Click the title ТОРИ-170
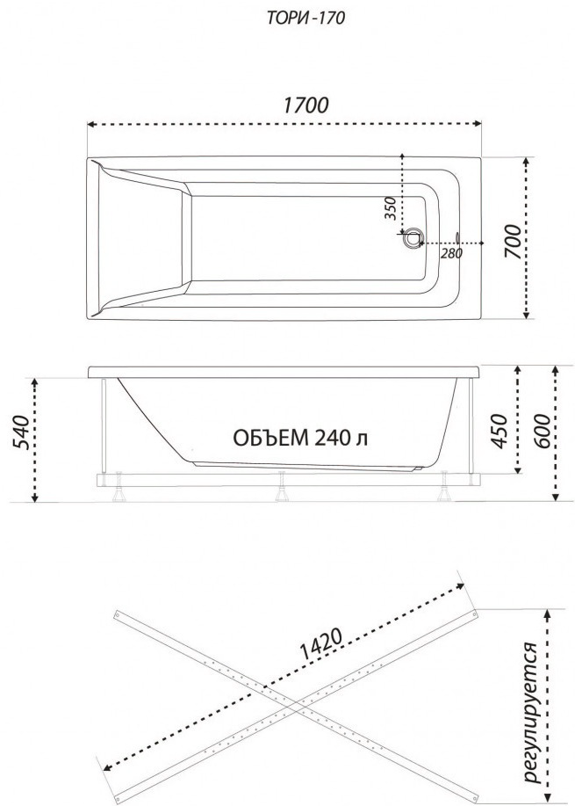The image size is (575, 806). tap(305, 18)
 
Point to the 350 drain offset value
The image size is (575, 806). tap(392, 208)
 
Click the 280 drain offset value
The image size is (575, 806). tap(452, 253)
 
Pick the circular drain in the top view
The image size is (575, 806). tap(412, 238)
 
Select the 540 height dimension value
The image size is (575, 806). tap(21, 431)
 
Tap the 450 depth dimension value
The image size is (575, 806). tap(499, 431)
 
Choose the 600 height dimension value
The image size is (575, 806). tap(544, 431)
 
